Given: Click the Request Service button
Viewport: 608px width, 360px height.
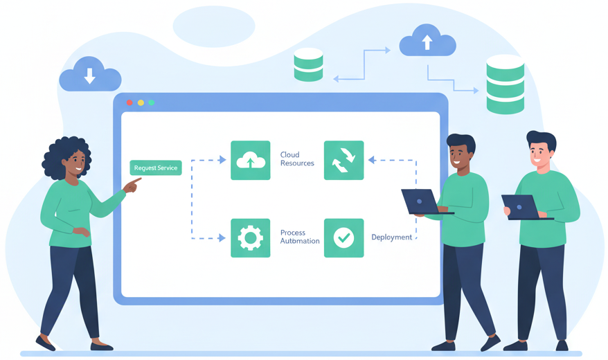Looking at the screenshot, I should click(156, 168).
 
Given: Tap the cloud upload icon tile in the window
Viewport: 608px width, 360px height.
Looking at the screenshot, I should click(250, 161).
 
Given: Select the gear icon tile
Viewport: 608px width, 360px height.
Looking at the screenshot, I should click(250, 238).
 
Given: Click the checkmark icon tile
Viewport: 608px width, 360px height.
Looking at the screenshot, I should click(343, 238).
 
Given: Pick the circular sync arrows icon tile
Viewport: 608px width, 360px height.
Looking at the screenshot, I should click(343, 161).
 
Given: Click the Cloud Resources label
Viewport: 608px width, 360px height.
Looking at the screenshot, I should click(297, 159).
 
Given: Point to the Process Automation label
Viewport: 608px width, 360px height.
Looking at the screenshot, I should click(300, 237).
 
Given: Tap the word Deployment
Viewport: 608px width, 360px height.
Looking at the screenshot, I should click(391, 237).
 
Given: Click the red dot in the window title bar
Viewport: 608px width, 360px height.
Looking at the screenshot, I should click(129, 102).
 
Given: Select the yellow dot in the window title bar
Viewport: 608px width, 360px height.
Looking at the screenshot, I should click(141, 102).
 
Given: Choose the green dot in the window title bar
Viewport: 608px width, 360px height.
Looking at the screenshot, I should click(152, 102).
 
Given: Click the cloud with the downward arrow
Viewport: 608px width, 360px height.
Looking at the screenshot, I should click(90, 74).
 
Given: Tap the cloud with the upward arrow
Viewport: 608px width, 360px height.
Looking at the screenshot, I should click(427, 41).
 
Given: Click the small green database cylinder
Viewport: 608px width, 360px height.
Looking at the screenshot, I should click(308, 64).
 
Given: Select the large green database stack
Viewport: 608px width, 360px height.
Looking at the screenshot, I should click(505, 84).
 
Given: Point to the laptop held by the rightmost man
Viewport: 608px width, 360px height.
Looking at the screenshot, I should click(521, 207).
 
